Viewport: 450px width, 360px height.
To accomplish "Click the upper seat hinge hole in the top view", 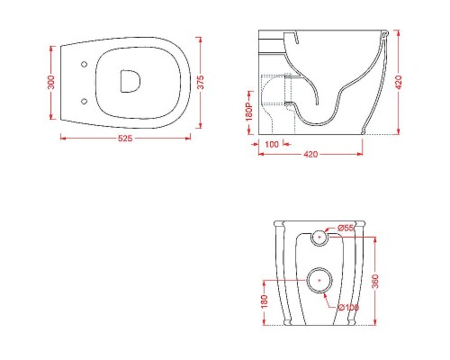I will (84, 64).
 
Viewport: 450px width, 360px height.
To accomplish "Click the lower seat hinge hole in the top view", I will (84, 100).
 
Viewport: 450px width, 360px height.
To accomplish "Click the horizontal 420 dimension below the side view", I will (310, 154).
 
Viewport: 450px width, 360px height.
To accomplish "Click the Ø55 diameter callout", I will (346, 229).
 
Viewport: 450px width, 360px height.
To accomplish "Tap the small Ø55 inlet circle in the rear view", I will (319, 238).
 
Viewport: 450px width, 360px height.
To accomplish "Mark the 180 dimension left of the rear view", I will (262, 302).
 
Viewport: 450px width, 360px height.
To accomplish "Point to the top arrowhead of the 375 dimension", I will (200, 38).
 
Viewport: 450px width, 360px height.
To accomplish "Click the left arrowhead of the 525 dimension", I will (63, 139).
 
